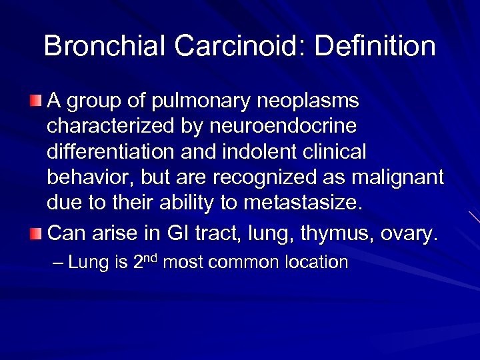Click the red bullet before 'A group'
pyautogui.click(x=35, y=101)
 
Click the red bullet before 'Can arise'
pyautogui.click(x=35, y=233)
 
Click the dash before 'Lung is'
pyautogui.click(x=58, y=262)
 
